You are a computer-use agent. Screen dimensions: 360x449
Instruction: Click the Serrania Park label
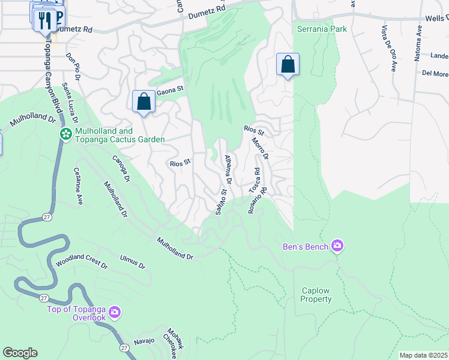click(322, 28)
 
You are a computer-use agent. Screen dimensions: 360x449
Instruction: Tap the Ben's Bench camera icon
click(337, 245)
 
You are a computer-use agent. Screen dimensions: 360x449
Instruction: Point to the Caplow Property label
click(316, 295)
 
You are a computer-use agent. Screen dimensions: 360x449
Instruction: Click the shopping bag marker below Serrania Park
click(288, 64)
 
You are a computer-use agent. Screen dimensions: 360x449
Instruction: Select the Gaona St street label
click(169, 92)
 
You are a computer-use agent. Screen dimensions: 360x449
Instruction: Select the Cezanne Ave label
click(78, 186)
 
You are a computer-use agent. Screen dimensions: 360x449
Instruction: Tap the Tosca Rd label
click(255, 179)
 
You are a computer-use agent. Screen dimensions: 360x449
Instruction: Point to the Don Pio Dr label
click(74, 66)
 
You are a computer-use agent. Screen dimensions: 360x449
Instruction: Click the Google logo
click(20, 353)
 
